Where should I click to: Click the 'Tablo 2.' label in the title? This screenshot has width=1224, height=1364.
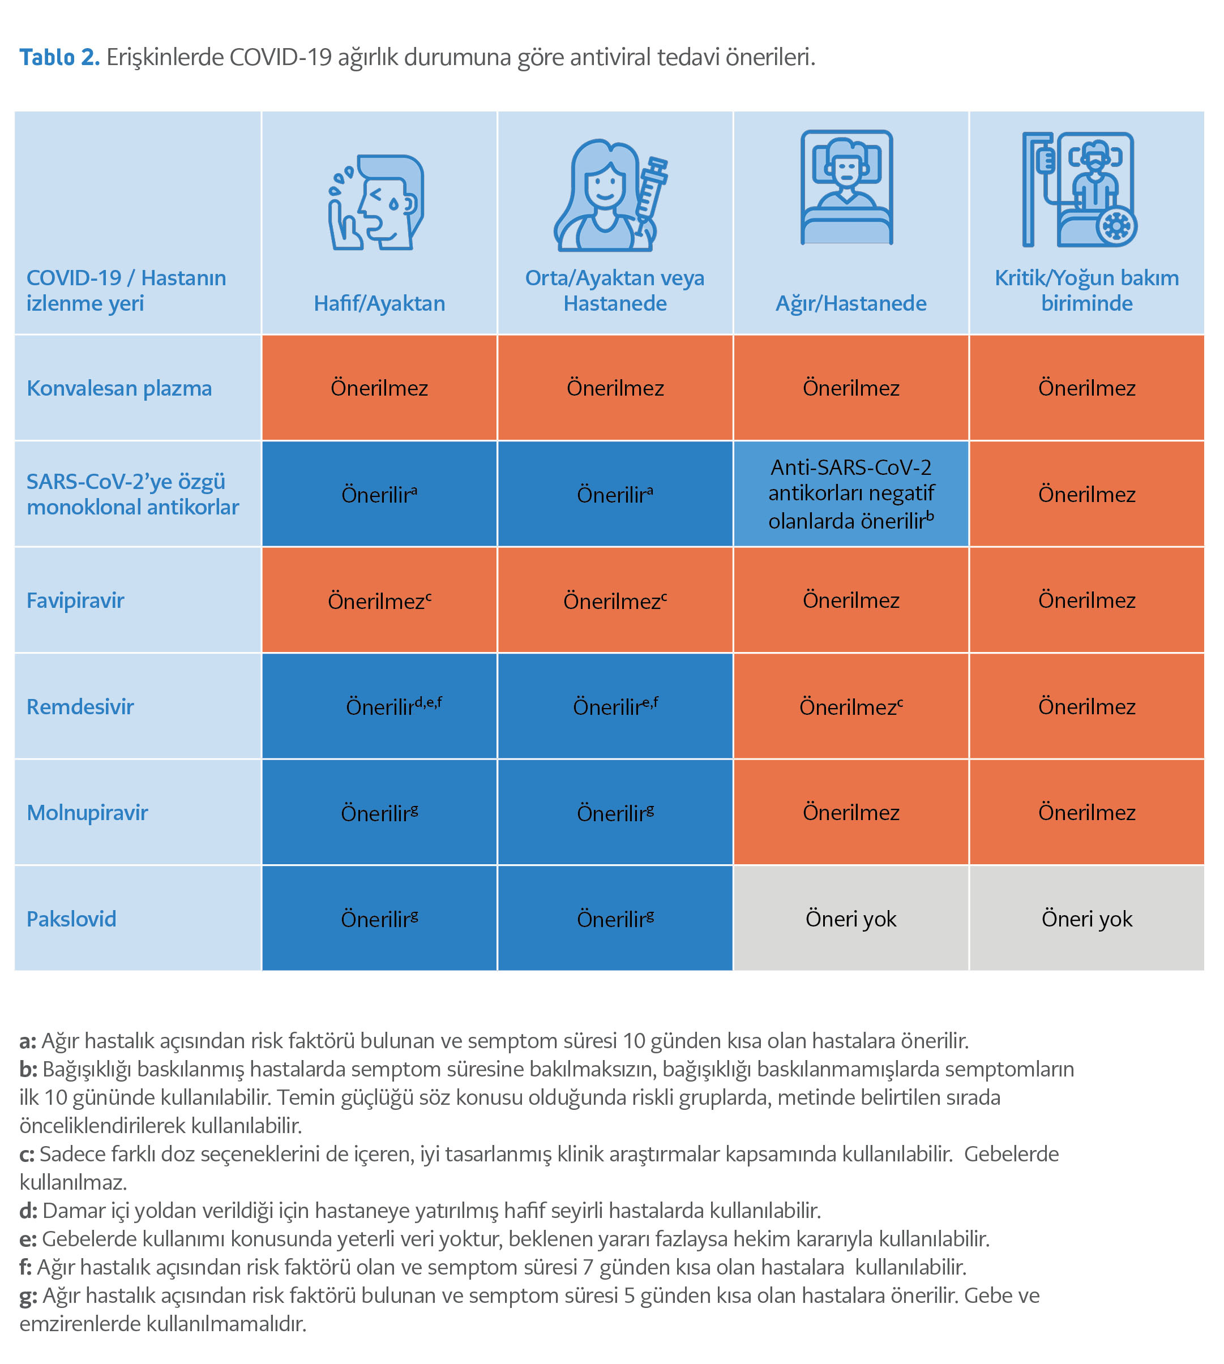tap(59, 57)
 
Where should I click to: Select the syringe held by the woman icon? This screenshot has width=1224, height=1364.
tap(651, 192)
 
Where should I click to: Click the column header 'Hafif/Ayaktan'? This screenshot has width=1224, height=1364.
tap(379, 303)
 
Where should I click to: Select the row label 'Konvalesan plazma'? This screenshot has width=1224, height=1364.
tap(119, 388)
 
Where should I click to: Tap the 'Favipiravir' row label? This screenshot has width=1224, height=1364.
tap(75, 600)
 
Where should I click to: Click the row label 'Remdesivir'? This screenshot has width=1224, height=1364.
tap(80, 706)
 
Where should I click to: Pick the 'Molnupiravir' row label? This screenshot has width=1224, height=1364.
tap(87, 813)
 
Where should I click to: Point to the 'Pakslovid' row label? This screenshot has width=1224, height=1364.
tap(71, 919)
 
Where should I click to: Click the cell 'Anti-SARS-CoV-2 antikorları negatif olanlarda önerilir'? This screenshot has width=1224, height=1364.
tap(851, 494)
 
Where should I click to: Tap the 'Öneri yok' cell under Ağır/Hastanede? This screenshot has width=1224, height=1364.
tap(851, 919)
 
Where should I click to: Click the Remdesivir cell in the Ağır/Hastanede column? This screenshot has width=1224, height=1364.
tap(851, 706)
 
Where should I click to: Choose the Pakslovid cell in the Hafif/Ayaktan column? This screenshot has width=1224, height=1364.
tap(379, 919)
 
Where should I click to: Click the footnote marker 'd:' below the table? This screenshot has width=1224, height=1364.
tap(28, 1211)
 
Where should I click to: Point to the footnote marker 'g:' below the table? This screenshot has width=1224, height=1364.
tap(28, 1296)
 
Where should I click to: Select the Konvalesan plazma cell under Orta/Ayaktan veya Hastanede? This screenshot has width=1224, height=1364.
tap(615, 388)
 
